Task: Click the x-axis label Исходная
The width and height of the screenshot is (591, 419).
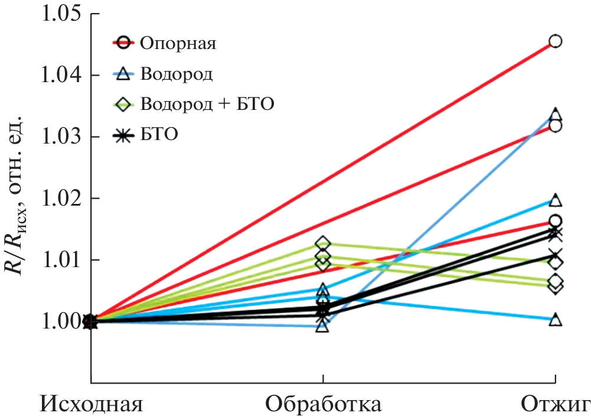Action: click(x=92, y=405)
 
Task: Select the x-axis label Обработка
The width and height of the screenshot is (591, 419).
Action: click(x=323, y=405)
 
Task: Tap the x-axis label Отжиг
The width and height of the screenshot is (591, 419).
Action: click(x=555, y=405)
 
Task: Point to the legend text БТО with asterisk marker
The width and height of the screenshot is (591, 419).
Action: click(x=159, y=135)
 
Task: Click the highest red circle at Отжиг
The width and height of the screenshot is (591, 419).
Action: click(x=555, y=41)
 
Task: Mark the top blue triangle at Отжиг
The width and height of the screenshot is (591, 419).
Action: click(x=555, y=115)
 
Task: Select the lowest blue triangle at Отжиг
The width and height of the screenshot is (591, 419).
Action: click(x=555, y=320)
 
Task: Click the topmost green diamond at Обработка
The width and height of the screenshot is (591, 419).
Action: click(x=322, y=243)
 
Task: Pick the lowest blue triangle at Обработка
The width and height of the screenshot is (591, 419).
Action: click(x=322, y=326)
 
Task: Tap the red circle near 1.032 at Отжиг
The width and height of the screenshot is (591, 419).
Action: click(x=555, y=126)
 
